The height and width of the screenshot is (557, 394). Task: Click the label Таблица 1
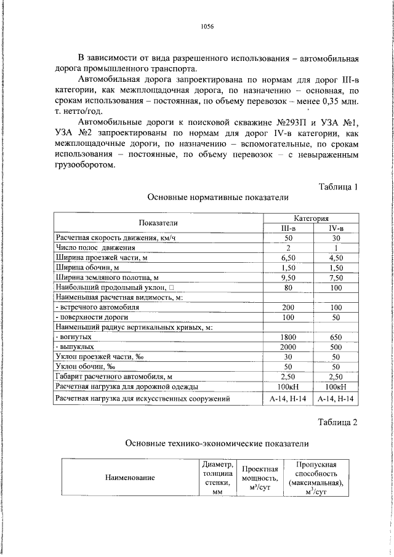(x=337, y=186)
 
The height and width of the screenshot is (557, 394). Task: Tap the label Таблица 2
(x=337, y=422)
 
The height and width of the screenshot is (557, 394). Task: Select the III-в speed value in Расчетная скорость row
(x=287, y=238)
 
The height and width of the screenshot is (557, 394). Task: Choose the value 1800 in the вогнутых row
(x=287, y=337)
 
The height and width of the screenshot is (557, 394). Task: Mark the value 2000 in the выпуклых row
(x=287, y=347)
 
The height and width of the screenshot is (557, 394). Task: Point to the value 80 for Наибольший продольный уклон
(x=287, y=287)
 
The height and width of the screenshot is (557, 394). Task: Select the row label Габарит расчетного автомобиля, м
(x=113, y=377)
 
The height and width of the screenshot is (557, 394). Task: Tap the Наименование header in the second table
(x=130, y=477)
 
